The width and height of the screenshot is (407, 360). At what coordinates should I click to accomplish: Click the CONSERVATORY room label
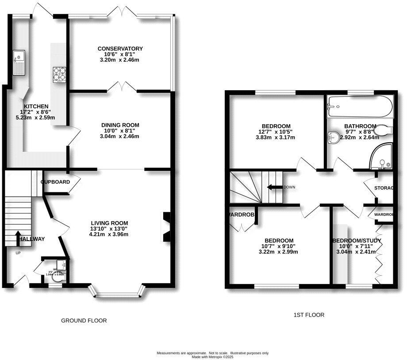click(x=120, y=49)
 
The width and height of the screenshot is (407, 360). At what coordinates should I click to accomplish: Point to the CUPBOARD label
click(x=55, y=182)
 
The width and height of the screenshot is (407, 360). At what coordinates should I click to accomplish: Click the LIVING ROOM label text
click(x=109, y=223)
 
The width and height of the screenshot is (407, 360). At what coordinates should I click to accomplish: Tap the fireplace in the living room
click(x=167, y=227)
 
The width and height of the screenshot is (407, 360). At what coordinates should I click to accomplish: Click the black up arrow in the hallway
click(x=18, y=237)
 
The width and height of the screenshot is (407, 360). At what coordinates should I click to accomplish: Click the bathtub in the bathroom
click(x=359, y=107)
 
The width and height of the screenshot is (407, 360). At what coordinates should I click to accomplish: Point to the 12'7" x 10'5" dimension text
click(x=275, y=132)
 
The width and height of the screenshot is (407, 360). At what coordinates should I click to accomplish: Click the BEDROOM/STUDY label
click(x=357, y=241)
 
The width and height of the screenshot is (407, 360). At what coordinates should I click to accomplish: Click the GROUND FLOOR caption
click(x=84, y=320)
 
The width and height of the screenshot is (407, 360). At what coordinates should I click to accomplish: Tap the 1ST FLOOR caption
click(x=309, y=315)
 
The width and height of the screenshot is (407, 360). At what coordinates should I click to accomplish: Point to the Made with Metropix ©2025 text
click(x=213, y=356)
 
